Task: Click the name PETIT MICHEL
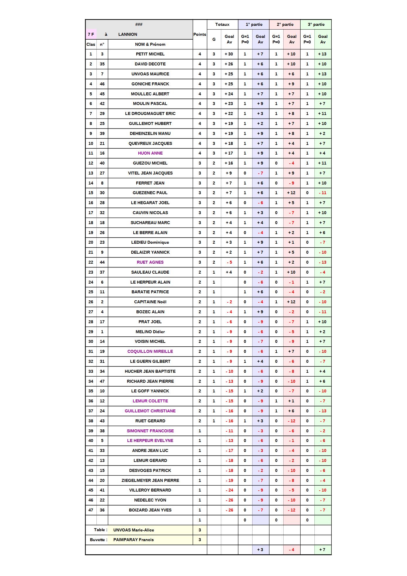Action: click(x=150, y=54)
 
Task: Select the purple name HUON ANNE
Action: click(x=150, y=153)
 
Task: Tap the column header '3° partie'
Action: click(x=316, y=24)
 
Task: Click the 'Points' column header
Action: click(x=200, y=34)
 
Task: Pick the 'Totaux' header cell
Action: click(x=222, y=24)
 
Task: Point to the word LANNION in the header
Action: click(x=127, y=34)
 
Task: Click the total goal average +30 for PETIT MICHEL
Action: click(x=229, y=54)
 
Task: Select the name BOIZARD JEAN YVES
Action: click(x=150, y=510)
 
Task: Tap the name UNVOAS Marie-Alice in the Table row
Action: click(x=134, y=530)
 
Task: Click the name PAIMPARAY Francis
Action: click(x=133, y=540)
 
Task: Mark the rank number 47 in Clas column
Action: click(x=91, y=510)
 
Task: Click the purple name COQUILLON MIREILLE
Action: click(x=150, y=351)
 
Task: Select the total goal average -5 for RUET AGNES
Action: click(x=229, y=262)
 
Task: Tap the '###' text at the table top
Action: click(x=139, y=24)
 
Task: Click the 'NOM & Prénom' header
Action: click(x=150, y=44)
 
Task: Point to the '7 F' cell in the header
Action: click(x=91, y=34)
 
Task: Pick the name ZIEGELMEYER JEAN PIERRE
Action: click(x=150, y=480)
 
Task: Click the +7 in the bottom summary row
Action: click(x=322, y=550)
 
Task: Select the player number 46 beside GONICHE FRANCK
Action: click(x=102, y=84)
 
